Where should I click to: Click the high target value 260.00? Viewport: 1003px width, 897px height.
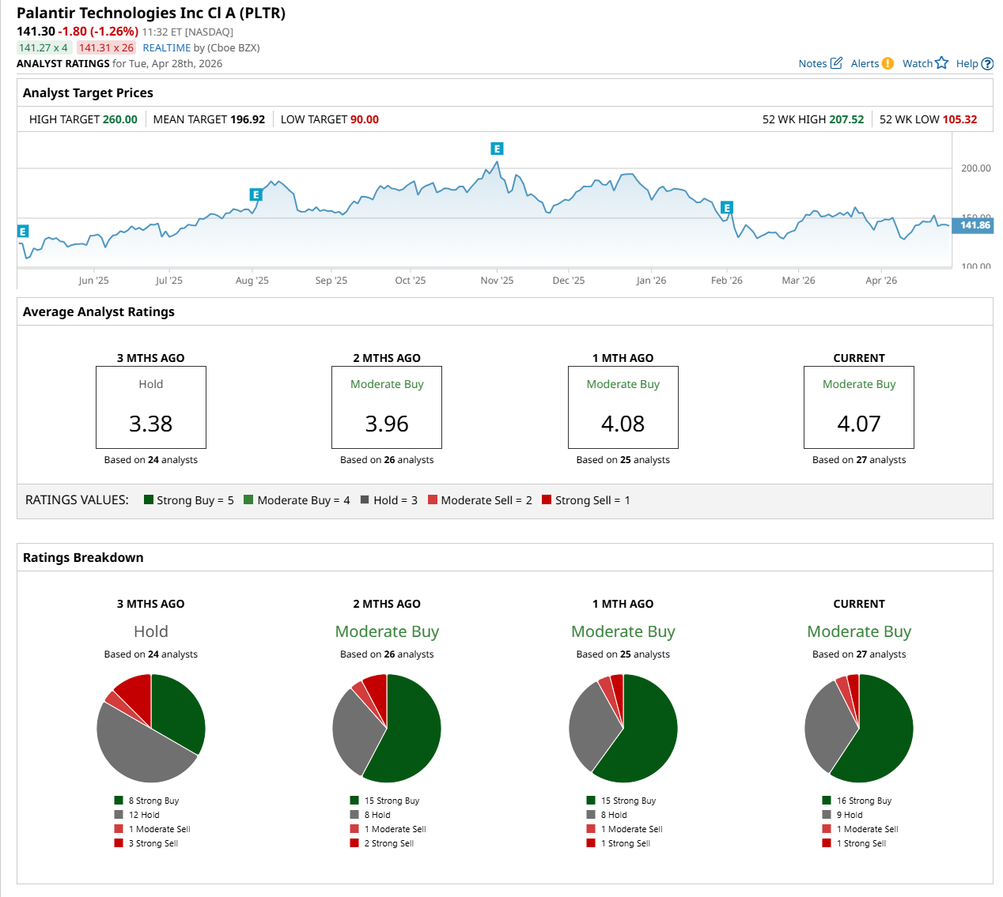(120, 119)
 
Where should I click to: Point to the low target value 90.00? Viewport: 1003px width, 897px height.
(365, 119)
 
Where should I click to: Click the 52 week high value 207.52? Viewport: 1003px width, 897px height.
(846, 119)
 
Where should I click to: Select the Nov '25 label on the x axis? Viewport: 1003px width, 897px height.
(497, 281)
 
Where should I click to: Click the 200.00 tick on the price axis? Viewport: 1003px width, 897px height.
(975, 168)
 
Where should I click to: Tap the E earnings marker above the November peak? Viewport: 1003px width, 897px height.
(497, 149)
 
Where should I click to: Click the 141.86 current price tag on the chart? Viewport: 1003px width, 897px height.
(975, 225)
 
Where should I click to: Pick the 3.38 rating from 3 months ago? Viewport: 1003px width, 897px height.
(150, 424)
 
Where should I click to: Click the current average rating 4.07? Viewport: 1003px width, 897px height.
(858, 424)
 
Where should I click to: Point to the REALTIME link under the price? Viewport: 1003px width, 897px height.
(166, 47)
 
